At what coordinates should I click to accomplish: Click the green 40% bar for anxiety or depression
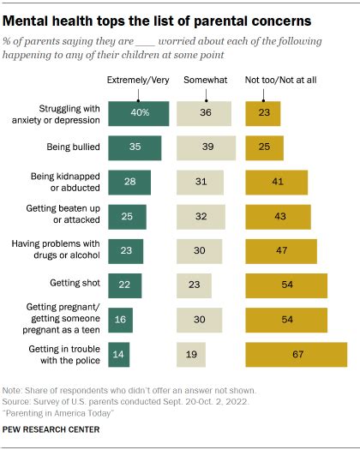pos(139,113)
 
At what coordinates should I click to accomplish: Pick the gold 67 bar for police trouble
pos(296,354)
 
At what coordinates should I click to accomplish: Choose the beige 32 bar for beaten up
pos(200,216)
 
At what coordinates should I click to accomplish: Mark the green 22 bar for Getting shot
pos(125,285)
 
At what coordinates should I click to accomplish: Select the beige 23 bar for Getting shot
pos(193,285)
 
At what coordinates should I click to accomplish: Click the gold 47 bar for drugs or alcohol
pos(280,250)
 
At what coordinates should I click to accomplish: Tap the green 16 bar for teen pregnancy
pos(121,319)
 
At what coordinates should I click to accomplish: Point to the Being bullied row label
pos(73,147)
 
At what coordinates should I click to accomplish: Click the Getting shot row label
pos(74,285)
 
